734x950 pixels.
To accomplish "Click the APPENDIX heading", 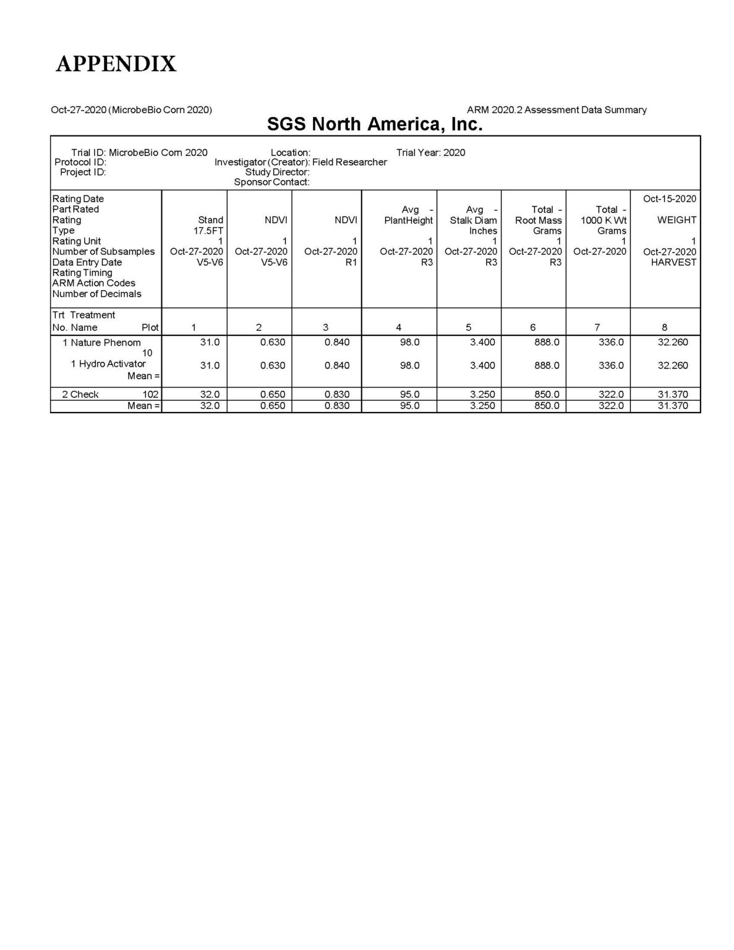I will tap(116, 63).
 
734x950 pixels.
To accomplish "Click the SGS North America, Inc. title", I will tap(374, 124).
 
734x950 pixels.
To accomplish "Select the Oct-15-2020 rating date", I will tap(669, 199).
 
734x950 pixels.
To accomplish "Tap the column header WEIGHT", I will tap(676, 220).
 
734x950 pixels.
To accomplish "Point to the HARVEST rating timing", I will tap(673, 262).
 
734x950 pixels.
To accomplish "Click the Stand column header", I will tap(210, 220).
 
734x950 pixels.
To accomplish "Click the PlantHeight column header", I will tap(408, 220).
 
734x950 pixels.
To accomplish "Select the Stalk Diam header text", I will tap(473, 220).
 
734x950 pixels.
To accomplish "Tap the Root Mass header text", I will tap(538, 220).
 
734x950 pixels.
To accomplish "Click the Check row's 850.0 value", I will tap(547, 394).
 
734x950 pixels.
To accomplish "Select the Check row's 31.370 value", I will tap(673, 394).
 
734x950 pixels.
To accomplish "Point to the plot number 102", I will tap(150, 394).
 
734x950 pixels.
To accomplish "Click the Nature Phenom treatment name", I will tap(105, 343).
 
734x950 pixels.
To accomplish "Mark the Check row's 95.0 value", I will tap(409, 394).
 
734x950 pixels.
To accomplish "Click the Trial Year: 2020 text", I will tap(430, 153).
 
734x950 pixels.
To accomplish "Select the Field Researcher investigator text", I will tap(349, 162).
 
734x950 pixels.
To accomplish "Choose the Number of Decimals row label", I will tap(96, 294).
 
